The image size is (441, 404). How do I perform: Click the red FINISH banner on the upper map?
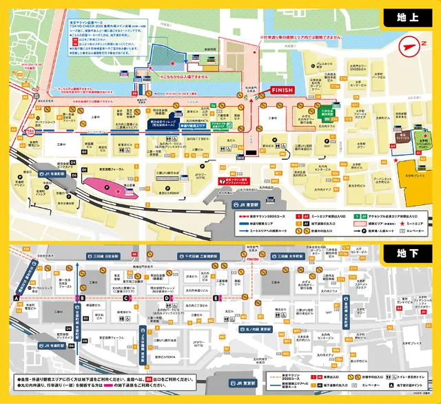pyautogui.click(x=283, y=89)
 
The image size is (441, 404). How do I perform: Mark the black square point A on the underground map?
pyautogui.click(x=14, y=297)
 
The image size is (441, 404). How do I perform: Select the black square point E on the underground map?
pyautogui.click(x=216, y=297)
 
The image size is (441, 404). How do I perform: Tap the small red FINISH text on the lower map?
pyautogui.click(x=250, y=260)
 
